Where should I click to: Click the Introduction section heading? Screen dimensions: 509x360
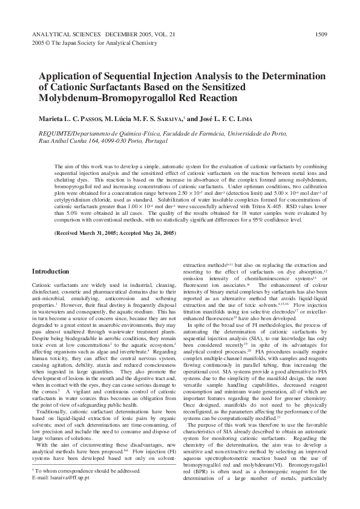tap(50, 272)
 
